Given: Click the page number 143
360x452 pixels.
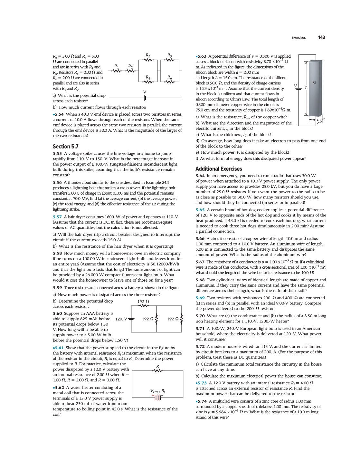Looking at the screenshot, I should (x=321, y=37).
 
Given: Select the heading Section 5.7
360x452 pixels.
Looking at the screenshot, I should (x=66, y=147).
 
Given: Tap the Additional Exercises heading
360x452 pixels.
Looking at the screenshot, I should (x=219, y=169).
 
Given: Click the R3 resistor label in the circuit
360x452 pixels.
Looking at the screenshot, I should (x=148, y=55).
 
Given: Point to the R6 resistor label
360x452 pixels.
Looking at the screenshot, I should (x=169, y=77).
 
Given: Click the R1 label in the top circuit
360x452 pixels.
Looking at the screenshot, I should (x=116, y=66).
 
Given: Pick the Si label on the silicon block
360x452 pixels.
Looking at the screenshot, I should (x=314, y=83).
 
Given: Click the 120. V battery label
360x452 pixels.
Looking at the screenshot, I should (x=121, y=319).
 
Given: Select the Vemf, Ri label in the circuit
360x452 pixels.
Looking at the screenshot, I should (x=158, y=391).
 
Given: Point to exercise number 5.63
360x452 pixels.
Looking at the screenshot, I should (x=202, y=56).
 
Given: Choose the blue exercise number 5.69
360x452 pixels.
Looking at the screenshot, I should (x=200, y=298).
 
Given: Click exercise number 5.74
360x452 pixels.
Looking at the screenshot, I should (x=202, y=401).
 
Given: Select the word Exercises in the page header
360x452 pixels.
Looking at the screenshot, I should (x=298, y=38).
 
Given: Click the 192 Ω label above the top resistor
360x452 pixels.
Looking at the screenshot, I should (x=143, y=302).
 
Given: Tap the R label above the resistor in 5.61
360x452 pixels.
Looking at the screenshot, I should (x=157, y=366).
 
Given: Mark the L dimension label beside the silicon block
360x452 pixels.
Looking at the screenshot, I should (x=306, y=88).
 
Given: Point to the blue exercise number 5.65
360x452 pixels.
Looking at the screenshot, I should (x=200, y=210).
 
